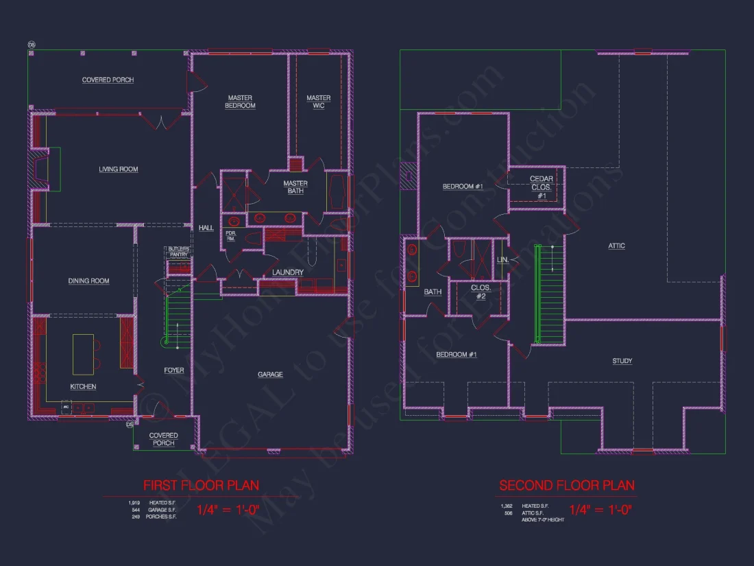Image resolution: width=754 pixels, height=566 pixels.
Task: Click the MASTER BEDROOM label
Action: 241,102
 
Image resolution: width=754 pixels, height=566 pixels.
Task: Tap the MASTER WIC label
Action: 319,102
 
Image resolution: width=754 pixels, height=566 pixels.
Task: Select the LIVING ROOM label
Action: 119,169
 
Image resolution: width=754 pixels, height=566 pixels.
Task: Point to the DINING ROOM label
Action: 89,281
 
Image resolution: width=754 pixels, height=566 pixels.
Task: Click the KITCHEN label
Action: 84,387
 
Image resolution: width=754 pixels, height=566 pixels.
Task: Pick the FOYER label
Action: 174,370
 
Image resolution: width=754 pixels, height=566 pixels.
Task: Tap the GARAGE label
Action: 270,375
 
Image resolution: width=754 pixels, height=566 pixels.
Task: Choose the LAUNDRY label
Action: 288,273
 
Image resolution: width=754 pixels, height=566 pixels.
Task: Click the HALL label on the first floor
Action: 206,228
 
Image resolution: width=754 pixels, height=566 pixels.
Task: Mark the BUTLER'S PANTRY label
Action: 178,252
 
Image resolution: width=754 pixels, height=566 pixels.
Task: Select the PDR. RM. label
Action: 231,235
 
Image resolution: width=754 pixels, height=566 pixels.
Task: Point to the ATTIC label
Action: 616,246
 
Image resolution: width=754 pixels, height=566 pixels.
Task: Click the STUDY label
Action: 622,362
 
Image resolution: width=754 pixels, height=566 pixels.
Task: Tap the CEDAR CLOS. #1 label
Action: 542,187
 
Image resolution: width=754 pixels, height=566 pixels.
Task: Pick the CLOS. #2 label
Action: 478,292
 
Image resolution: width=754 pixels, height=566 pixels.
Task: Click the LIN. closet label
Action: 502,260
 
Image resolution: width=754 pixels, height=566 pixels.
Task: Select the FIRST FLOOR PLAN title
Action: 201,486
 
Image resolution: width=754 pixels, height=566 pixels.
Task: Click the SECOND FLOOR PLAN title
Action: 567,486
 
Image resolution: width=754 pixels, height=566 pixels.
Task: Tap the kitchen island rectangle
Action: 83,353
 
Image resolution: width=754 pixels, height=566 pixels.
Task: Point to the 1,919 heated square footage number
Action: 133,503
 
